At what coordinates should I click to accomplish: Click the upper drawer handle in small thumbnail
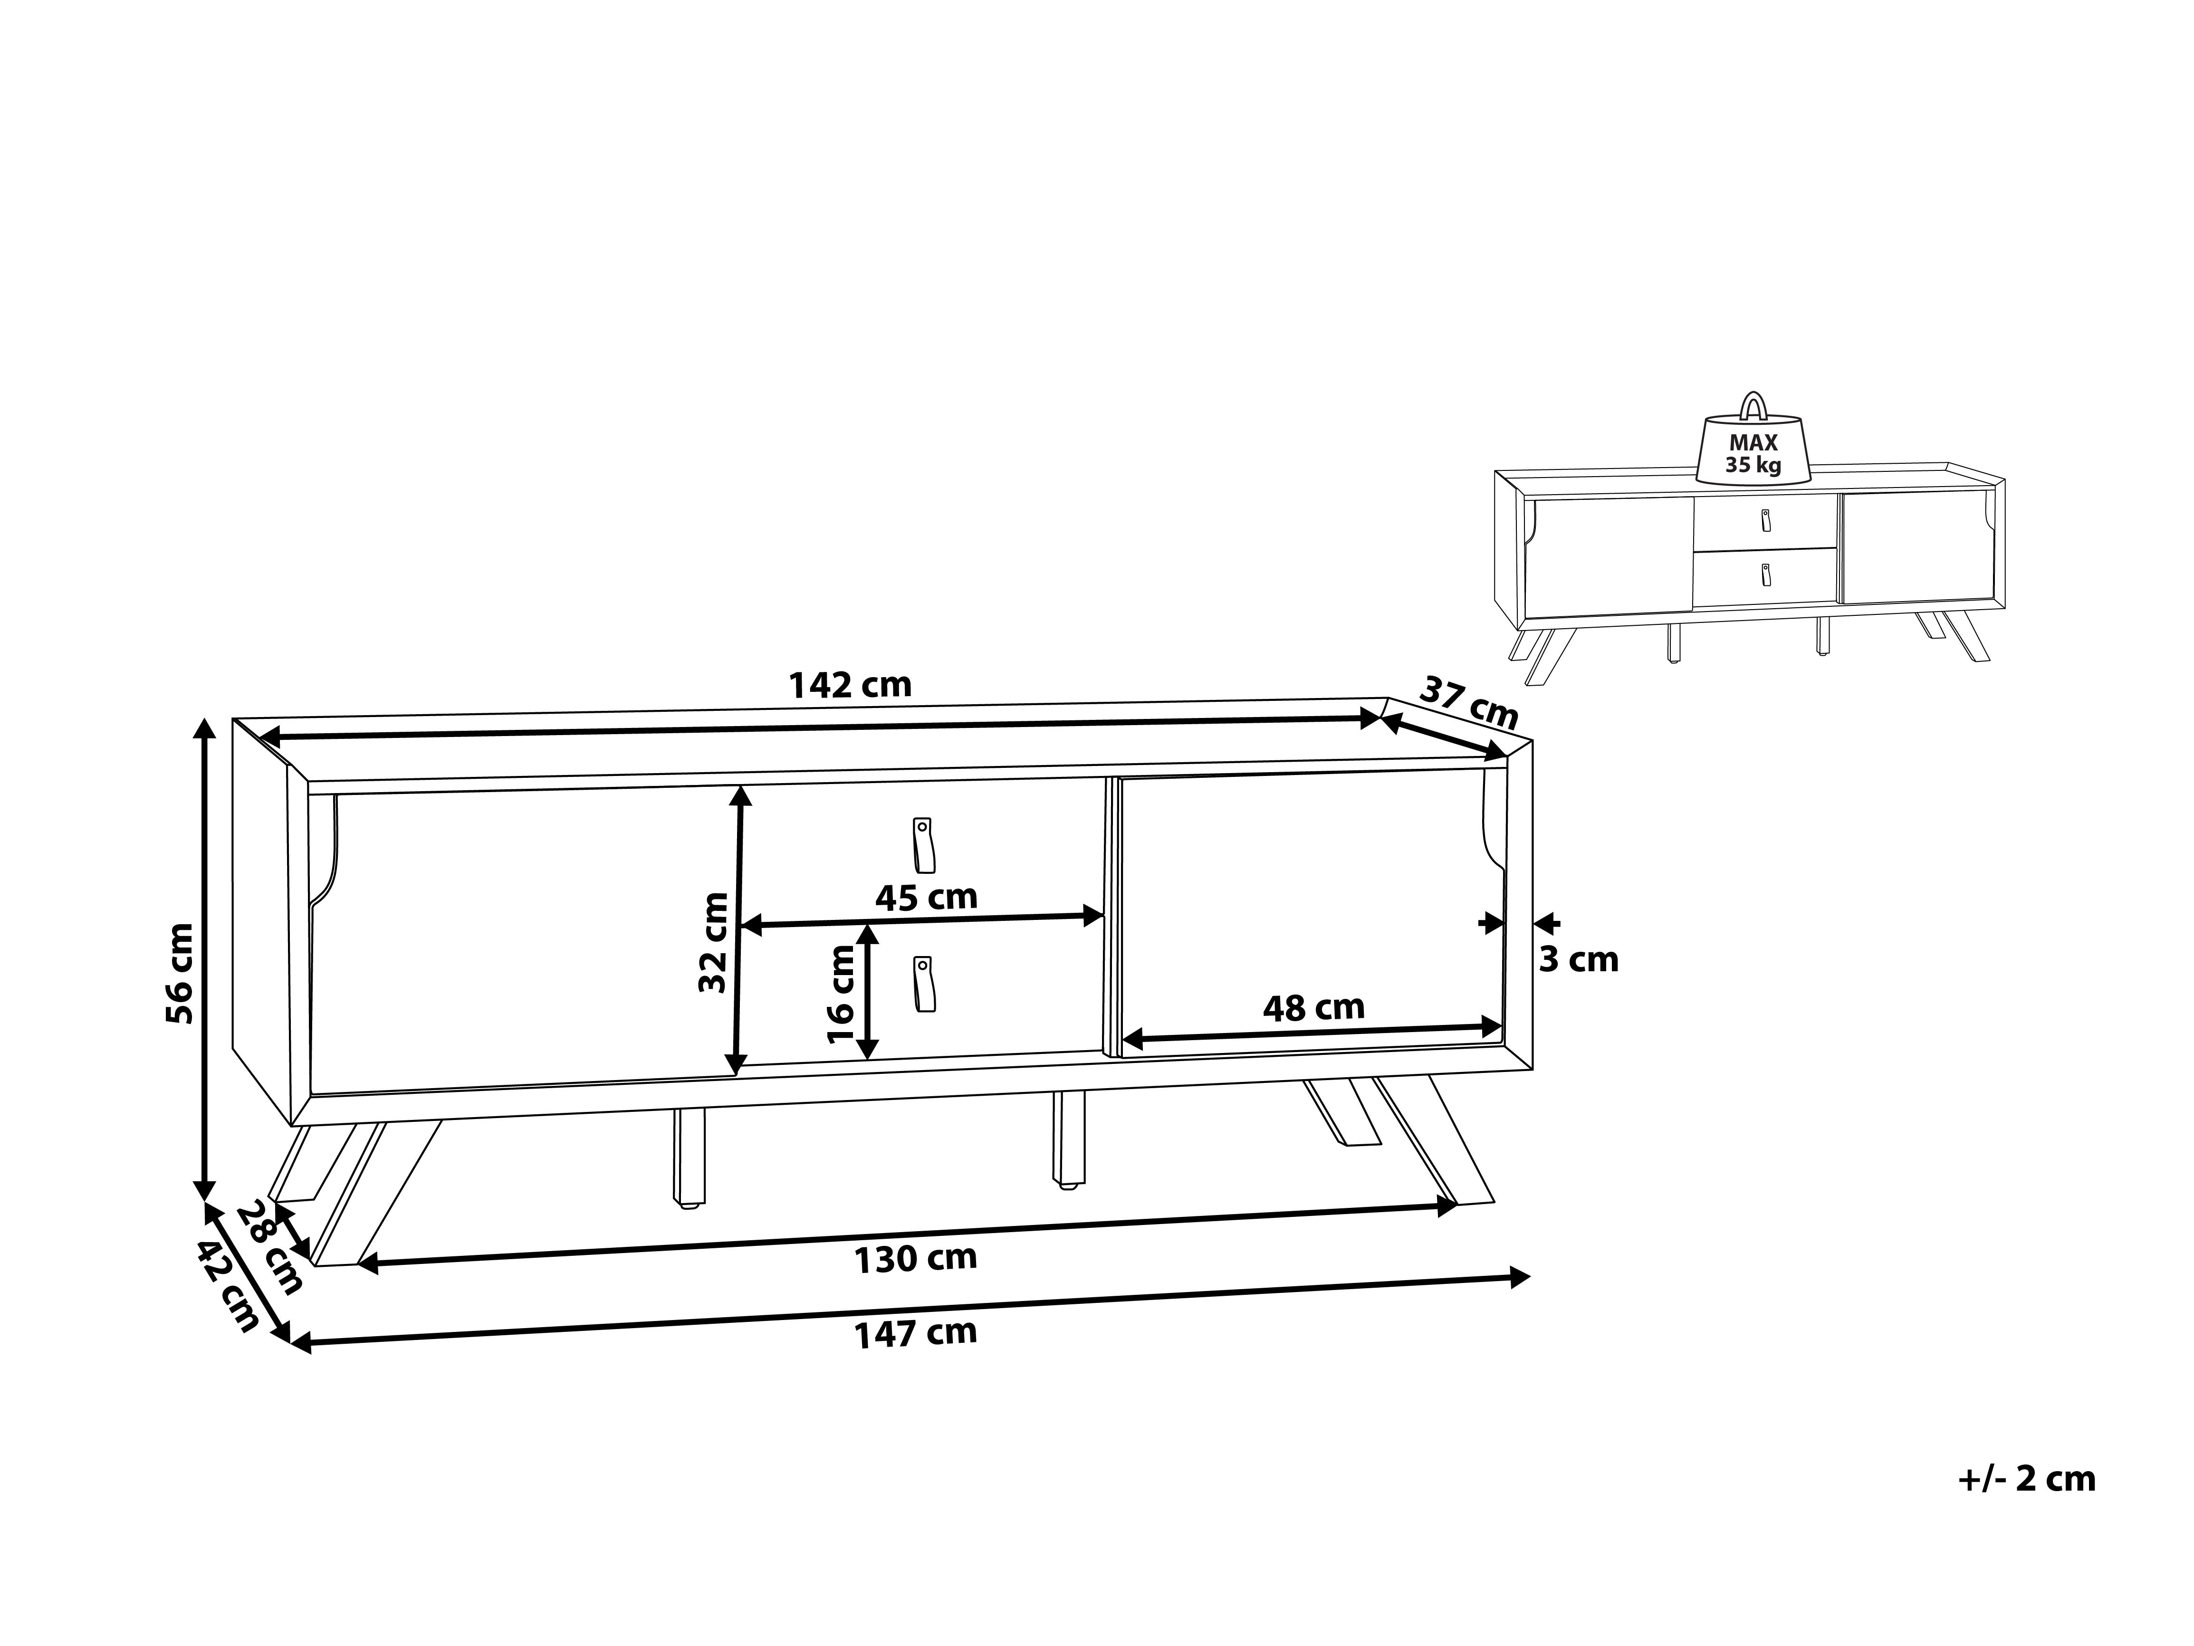1765,521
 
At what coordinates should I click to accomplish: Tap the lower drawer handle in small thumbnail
1765,574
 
